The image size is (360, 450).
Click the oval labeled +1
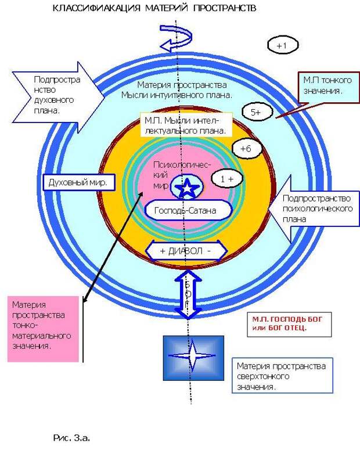pos(283,45)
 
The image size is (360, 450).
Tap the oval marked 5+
pos(257,112)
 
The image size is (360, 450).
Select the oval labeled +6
pos(247,149)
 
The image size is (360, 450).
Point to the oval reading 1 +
pos(227,178)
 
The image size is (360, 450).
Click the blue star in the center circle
pos(187,188)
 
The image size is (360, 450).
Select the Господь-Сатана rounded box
pos(188,210)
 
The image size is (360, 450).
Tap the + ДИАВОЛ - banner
pos(186,251)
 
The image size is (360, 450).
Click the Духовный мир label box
pos(79,182)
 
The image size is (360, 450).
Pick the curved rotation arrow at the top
pos(176,37)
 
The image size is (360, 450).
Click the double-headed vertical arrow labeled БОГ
pos(188,295)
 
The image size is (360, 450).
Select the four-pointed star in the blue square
pos(192,356)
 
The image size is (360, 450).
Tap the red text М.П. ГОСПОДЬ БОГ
pos(287,319)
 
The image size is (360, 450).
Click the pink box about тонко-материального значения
pos(43,329)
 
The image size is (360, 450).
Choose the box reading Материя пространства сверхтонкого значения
pos(282,375)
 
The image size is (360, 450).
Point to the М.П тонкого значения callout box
pos(329,88)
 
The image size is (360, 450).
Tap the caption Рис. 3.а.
pos(72,438)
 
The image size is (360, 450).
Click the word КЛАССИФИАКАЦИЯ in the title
pos(97,8)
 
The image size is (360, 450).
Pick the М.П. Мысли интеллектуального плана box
pos(186,125)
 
